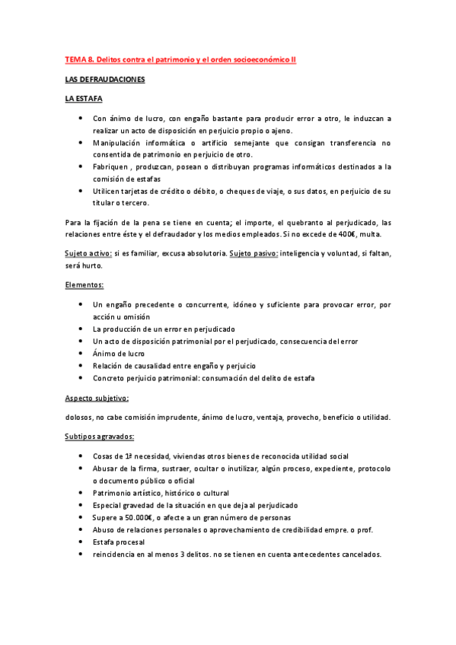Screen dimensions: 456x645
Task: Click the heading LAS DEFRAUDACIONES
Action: [x=104, y=79]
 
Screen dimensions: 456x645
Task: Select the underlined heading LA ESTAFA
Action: [x=84, y=99]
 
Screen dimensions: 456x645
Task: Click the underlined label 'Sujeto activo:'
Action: [x=88, y=254]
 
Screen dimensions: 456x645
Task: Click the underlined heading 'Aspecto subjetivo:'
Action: [x=97, y=398]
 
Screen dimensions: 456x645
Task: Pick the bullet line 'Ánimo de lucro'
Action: [x=120, y=354]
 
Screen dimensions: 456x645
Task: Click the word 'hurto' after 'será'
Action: [x=93, y=266]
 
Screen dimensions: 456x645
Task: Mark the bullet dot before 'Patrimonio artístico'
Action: [x=81, y=493]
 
